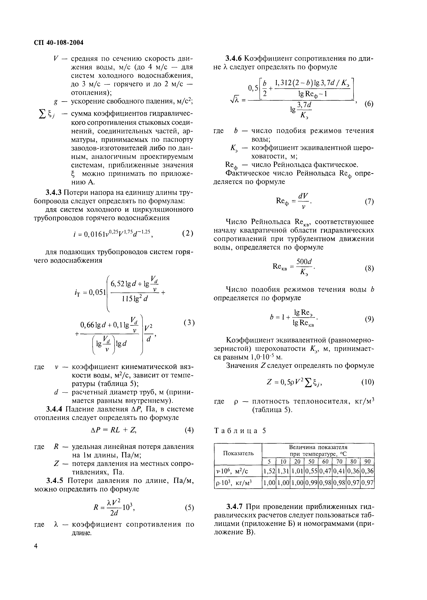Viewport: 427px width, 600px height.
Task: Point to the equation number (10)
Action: [x=368, y=382]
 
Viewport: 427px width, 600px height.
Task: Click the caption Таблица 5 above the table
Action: [x=240, y=431]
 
